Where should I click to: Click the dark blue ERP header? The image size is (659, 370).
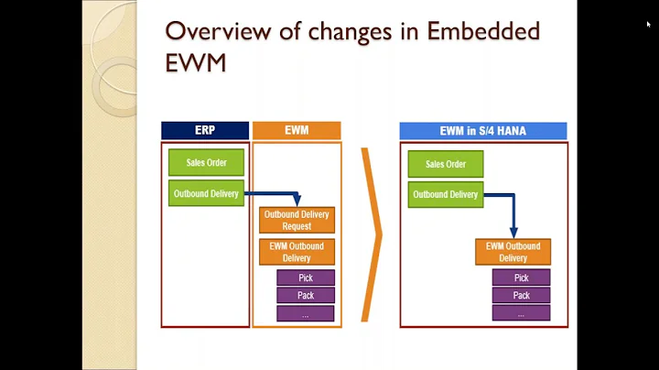point(205,131)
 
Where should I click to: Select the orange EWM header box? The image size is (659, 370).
point(296,131)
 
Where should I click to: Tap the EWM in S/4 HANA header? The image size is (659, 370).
point(482,131)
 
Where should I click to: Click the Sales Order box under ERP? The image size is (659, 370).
point(205,163)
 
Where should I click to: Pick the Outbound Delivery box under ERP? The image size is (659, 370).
point(206,193)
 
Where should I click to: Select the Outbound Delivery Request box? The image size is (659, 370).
point(297,220)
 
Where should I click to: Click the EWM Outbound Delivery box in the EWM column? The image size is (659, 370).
point(297,252)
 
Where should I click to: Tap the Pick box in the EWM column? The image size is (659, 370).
point(306,277)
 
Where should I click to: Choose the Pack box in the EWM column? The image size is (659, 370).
point(306,295)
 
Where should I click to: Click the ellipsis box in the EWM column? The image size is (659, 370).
point(306,313)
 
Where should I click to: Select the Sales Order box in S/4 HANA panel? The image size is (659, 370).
point(446,164)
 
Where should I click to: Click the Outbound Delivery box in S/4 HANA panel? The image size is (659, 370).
point(446,194)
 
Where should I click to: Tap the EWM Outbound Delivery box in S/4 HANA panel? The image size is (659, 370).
point(513,252)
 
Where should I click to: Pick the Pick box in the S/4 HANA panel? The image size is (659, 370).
point(521,277)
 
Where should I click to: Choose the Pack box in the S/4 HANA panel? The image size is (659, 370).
point(521,295)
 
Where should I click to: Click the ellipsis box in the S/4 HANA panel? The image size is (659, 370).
point(521,313)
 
